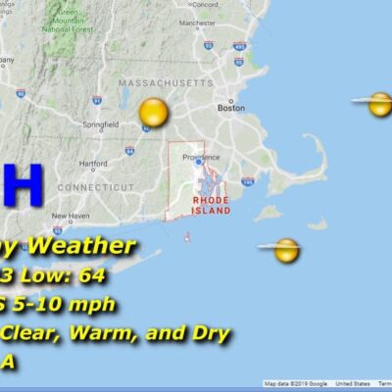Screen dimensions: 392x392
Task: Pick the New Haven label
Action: tap(71, 216)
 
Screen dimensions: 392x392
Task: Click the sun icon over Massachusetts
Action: tap(153, 113)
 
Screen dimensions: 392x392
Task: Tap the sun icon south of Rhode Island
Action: tap(285, 250)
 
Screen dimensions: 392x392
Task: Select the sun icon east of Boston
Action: tap(379, 104)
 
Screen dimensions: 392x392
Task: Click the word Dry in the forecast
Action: tap(206, 333)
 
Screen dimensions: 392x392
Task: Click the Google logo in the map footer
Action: tap(316, 383)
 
